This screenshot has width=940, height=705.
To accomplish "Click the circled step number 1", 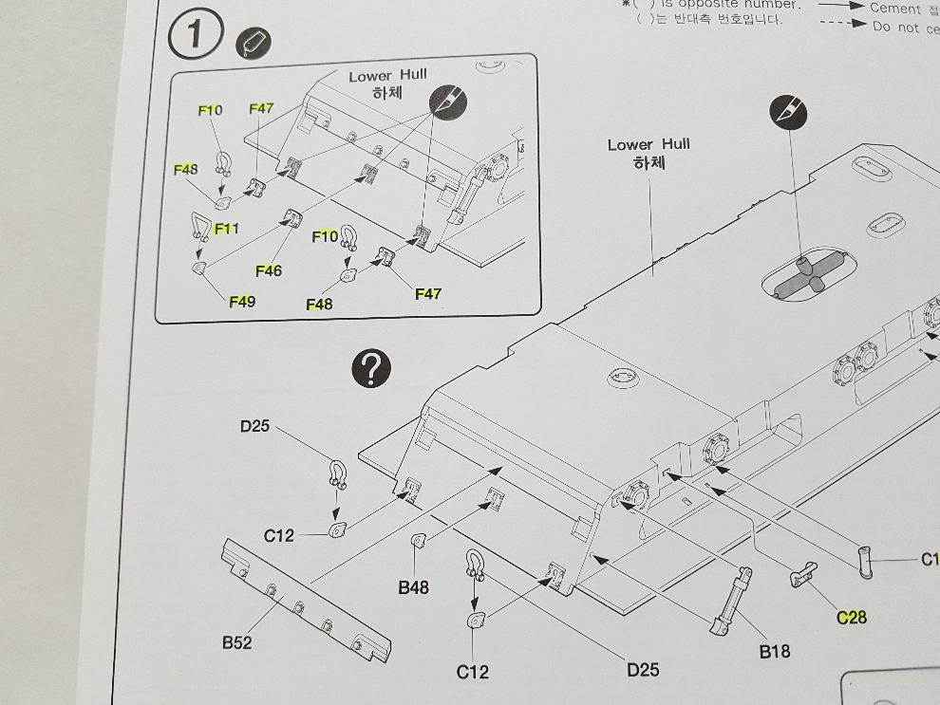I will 195,36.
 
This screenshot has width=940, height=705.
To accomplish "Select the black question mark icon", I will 370,369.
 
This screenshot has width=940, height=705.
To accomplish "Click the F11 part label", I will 226,229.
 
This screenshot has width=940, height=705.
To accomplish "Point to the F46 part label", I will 269,271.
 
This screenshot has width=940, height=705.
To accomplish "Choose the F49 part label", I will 242,302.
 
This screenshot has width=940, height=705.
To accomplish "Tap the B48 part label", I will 413,587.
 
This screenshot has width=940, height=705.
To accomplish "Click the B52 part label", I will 237,642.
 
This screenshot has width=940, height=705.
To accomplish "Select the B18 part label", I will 774,651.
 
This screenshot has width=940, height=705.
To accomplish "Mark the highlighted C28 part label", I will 852,618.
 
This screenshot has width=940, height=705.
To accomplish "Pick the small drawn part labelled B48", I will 417,541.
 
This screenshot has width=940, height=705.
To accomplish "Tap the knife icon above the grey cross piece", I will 788,114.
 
